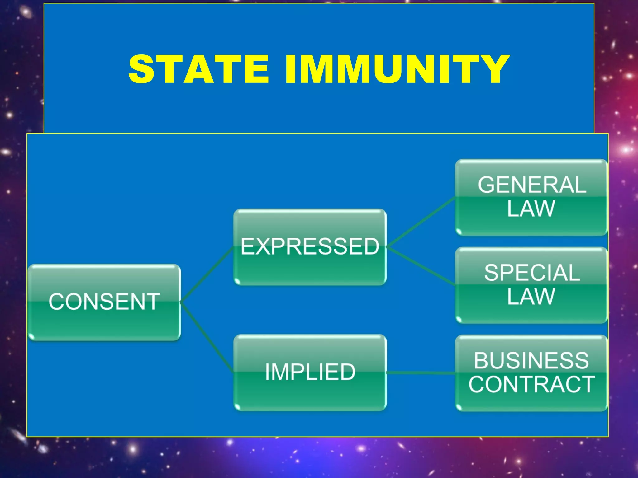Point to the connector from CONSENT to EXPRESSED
point(207,274)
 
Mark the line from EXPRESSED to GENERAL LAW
point(421,222)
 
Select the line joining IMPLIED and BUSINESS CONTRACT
point(421,373)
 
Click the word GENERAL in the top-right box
point(532,185)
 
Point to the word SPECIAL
point(532,273)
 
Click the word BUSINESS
point(531,361)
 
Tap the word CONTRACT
point(531,384)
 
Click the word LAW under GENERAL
point(531,209)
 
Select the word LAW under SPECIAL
point(531,297)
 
